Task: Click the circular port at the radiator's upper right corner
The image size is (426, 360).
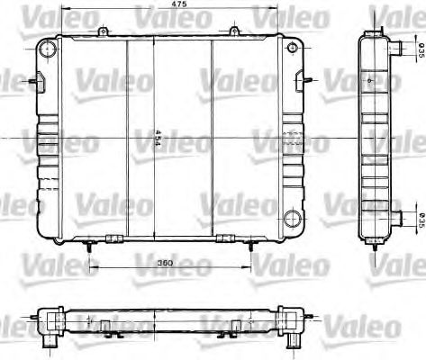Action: point(291,48)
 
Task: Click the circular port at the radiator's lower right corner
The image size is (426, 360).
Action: point(291,219)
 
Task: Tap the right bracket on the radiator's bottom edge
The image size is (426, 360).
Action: point(225,238)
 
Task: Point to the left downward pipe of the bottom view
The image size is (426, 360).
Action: point(44,342)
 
